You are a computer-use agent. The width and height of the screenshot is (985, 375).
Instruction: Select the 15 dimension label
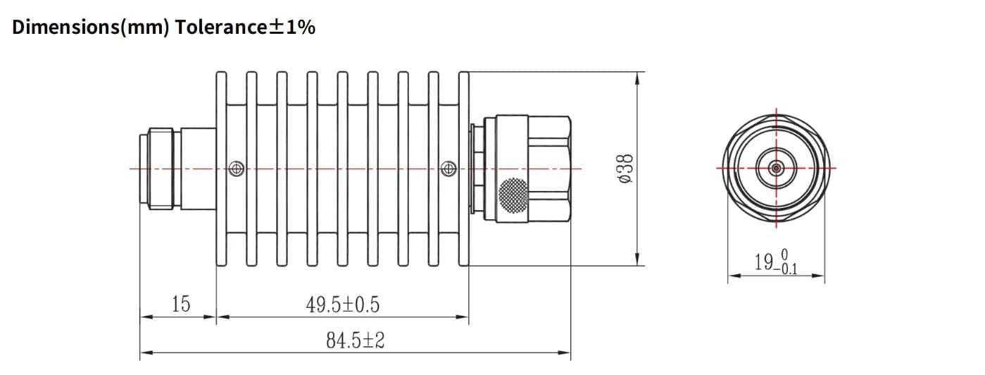click(x=180, y=305)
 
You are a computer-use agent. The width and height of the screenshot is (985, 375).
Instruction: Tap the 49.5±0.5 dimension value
click(x=342, y=305)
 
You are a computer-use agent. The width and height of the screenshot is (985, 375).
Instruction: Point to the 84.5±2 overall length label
click(x=355, y=341)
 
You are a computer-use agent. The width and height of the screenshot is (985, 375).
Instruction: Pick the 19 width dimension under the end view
click(x=763, y=262)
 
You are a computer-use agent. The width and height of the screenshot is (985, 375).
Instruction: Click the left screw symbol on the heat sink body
click(x=237, y=168)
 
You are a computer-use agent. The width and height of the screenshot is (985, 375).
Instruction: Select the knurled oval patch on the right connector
click(x=513, y=195)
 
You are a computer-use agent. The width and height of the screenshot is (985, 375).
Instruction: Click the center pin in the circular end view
click(x=776, y=168)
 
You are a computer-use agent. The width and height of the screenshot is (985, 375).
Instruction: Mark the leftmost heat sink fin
click(x=222, y=169)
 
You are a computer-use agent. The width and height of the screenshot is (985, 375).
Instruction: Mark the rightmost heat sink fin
click(x=463, y=169)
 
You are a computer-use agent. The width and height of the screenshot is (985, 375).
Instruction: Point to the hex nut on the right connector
click(x=549, y=169)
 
